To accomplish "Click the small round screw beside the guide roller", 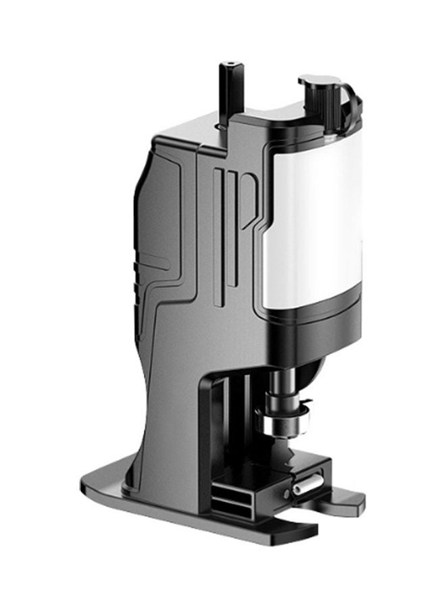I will [287, 494].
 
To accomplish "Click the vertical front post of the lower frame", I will [206, 432].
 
